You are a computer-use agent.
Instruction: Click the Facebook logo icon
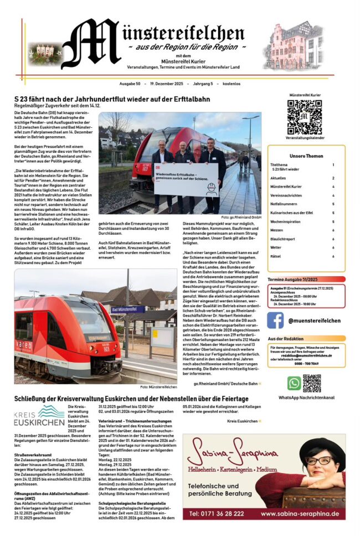coord(276,320)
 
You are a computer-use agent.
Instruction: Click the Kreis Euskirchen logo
coord(39,415)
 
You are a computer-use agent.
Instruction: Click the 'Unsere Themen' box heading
coord(306,156)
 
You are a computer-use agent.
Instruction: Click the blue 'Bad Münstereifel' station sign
coord(127,309)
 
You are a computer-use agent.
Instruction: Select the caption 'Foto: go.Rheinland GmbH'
coord(241,218)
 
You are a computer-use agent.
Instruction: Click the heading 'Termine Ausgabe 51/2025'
coord(292,280)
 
